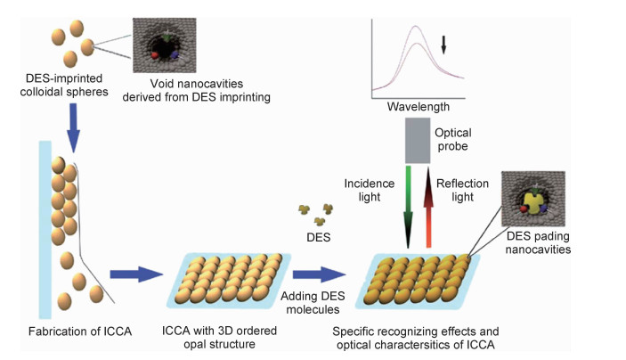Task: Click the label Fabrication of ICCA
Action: tap(73, 332)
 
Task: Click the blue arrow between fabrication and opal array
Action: tap(132, 276)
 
